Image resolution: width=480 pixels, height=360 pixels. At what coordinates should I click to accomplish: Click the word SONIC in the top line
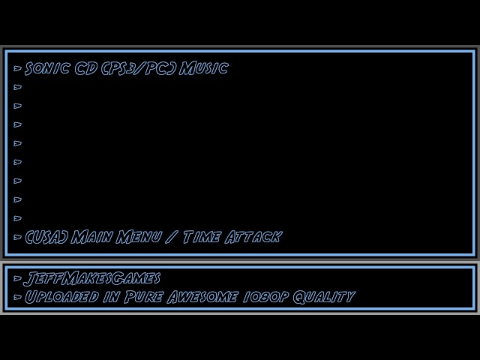point(48,68)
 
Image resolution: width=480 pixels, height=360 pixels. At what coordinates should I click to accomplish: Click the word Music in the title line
point(203,68)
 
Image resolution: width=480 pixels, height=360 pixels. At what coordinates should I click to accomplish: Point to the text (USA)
point(46,237)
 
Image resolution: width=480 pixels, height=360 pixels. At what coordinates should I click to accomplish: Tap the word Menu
point(136,237)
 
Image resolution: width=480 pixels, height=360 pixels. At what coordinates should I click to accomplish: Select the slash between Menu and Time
point(172,237)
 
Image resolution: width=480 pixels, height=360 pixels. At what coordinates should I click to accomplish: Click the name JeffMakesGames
point(92,279)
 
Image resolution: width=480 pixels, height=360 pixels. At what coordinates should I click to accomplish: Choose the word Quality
point(323,296)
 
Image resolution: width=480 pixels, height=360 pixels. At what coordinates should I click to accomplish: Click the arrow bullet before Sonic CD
point(18,68)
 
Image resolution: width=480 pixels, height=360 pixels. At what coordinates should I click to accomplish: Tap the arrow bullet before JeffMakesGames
point(18,279)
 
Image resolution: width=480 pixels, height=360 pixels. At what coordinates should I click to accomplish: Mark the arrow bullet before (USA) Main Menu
point(18,237)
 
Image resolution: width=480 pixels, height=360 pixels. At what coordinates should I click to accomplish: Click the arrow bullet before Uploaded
point(18,296)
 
